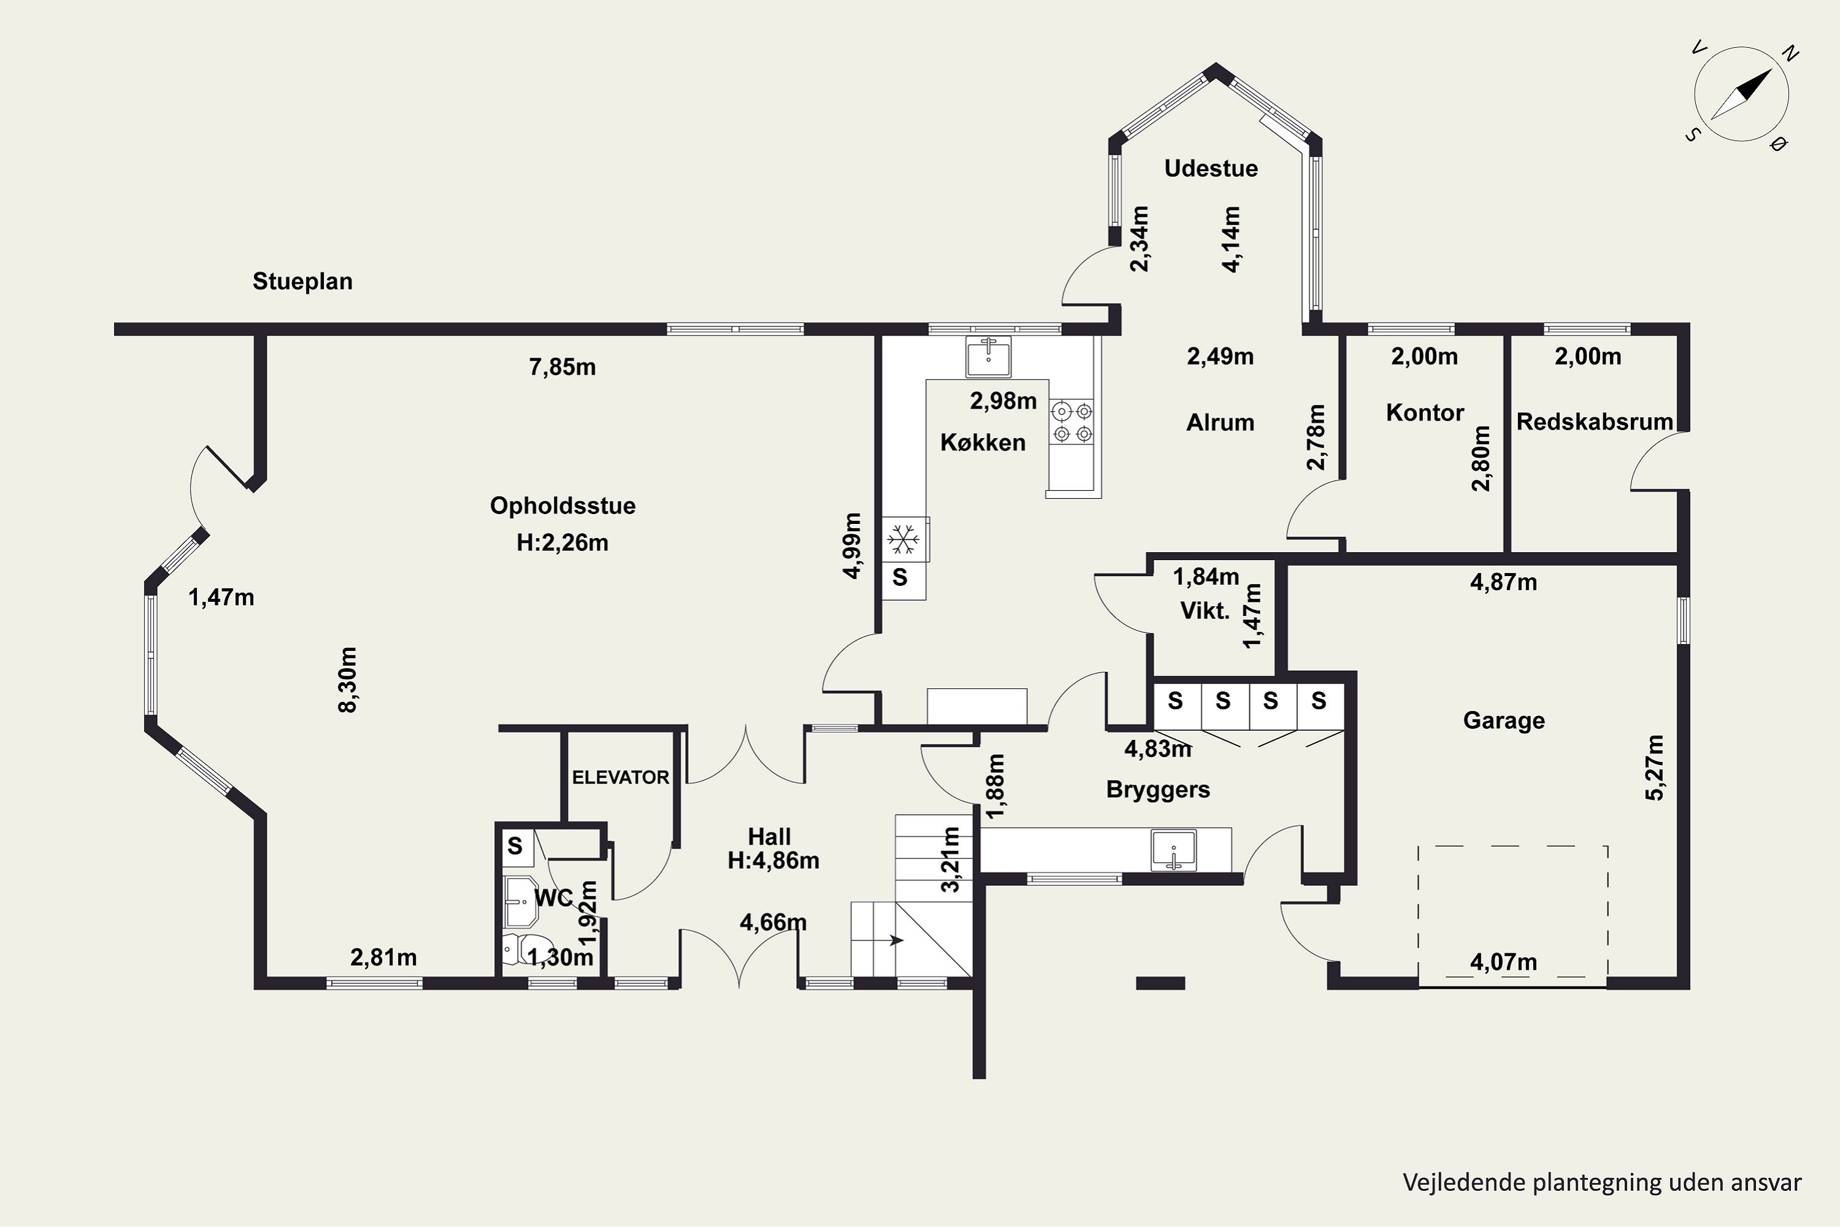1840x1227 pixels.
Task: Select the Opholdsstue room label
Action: coord(562,506)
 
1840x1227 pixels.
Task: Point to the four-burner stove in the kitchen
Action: coord(1071,422)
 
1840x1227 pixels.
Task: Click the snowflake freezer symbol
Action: coord(903,540)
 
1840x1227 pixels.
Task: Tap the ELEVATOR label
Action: coord(620,777)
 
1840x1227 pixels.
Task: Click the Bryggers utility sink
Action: coord(1173,850)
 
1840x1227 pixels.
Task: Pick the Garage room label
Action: coord(1504,721)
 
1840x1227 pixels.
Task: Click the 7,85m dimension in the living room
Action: coord(562,367)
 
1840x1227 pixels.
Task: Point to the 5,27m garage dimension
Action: coord(1655,767)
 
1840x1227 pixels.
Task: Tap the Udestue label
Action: coord(1211,168)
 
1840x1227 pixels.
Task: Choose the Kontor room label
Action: coord(1425,412)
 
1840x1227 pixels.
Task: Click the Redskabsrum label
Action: coord(1594,422)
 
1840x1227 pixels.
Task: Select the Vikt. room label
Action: coord(1205,610)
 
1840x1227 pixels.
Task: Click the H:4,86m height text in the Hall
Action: coord(773,861)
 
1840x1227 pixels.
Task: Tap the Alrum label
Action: coord(1220,423)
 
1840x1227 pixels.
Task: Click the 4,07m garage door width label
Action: coord(1504,962)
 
